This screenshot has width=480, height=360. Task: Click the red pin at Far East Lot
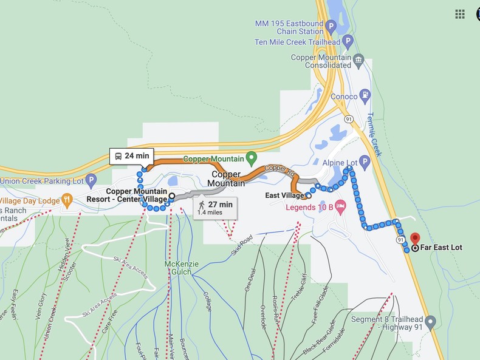point(415,239)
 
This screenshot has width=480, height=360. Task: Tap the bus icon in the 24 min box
point(118,156)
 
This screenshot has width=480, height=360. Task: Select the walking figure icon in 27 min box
point(201,205)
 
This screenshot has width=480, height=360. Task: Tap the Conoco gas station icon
point(365,95)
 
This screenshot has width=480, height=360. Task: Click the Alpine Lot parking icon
point(365,161)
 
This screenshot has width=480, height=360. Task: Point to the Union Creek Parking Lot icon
point(91,180)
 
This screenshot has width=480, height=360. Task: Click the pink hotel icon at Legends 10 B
point(340,206)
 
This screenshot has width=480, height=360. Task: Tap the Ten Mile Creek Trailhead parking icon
point(348,42)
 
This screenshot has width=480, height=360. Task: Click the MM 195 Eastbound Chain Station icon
point(331,26)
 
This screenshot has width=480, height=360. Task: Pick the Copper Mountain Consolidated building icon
point(358,60)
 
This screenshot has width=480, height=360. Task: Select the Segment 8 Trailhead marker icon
point(431,321)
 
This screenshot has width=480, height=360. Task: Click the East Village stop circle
point(309,195)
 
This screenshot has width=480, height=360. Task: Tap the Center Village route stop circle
point(172,196)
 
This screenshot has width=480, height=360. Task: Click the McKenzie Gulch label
point(182,268)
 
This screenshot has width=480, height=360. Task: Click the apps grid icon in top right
point(460,13)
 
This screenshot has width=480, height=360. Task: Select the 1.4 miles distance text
point(210,213)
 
